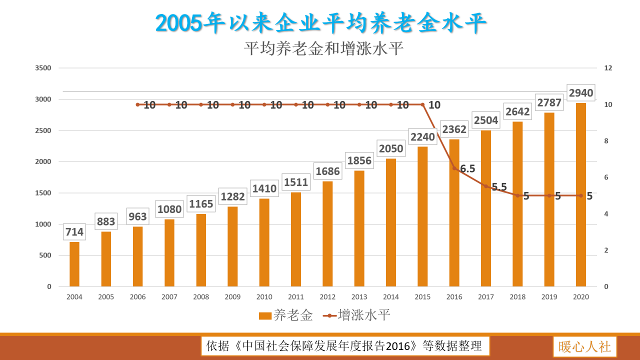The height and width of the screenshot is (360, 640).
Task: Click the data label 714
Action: coord(74,232)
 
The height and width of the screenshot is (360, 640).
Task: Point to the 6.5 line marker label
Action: coord(467,169)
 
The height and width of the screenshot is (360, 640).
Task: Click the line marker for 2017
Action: coord(485,186)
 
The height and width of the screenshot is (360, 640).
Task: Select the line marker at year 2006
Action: coord(137,104)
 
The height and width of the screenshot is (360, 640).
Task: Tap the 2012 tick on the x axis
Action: coord(327,297)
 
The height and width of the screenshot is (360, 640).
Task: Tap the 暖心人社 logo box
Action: coord(584,346)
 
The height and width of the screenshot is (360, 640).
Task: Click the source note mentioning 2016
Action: coord(344,346)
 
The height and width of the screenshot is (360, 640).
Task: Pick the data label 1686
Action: coord(327,171)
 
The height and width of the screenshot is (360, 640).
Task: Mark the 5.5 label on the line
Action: coord(499,187)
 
